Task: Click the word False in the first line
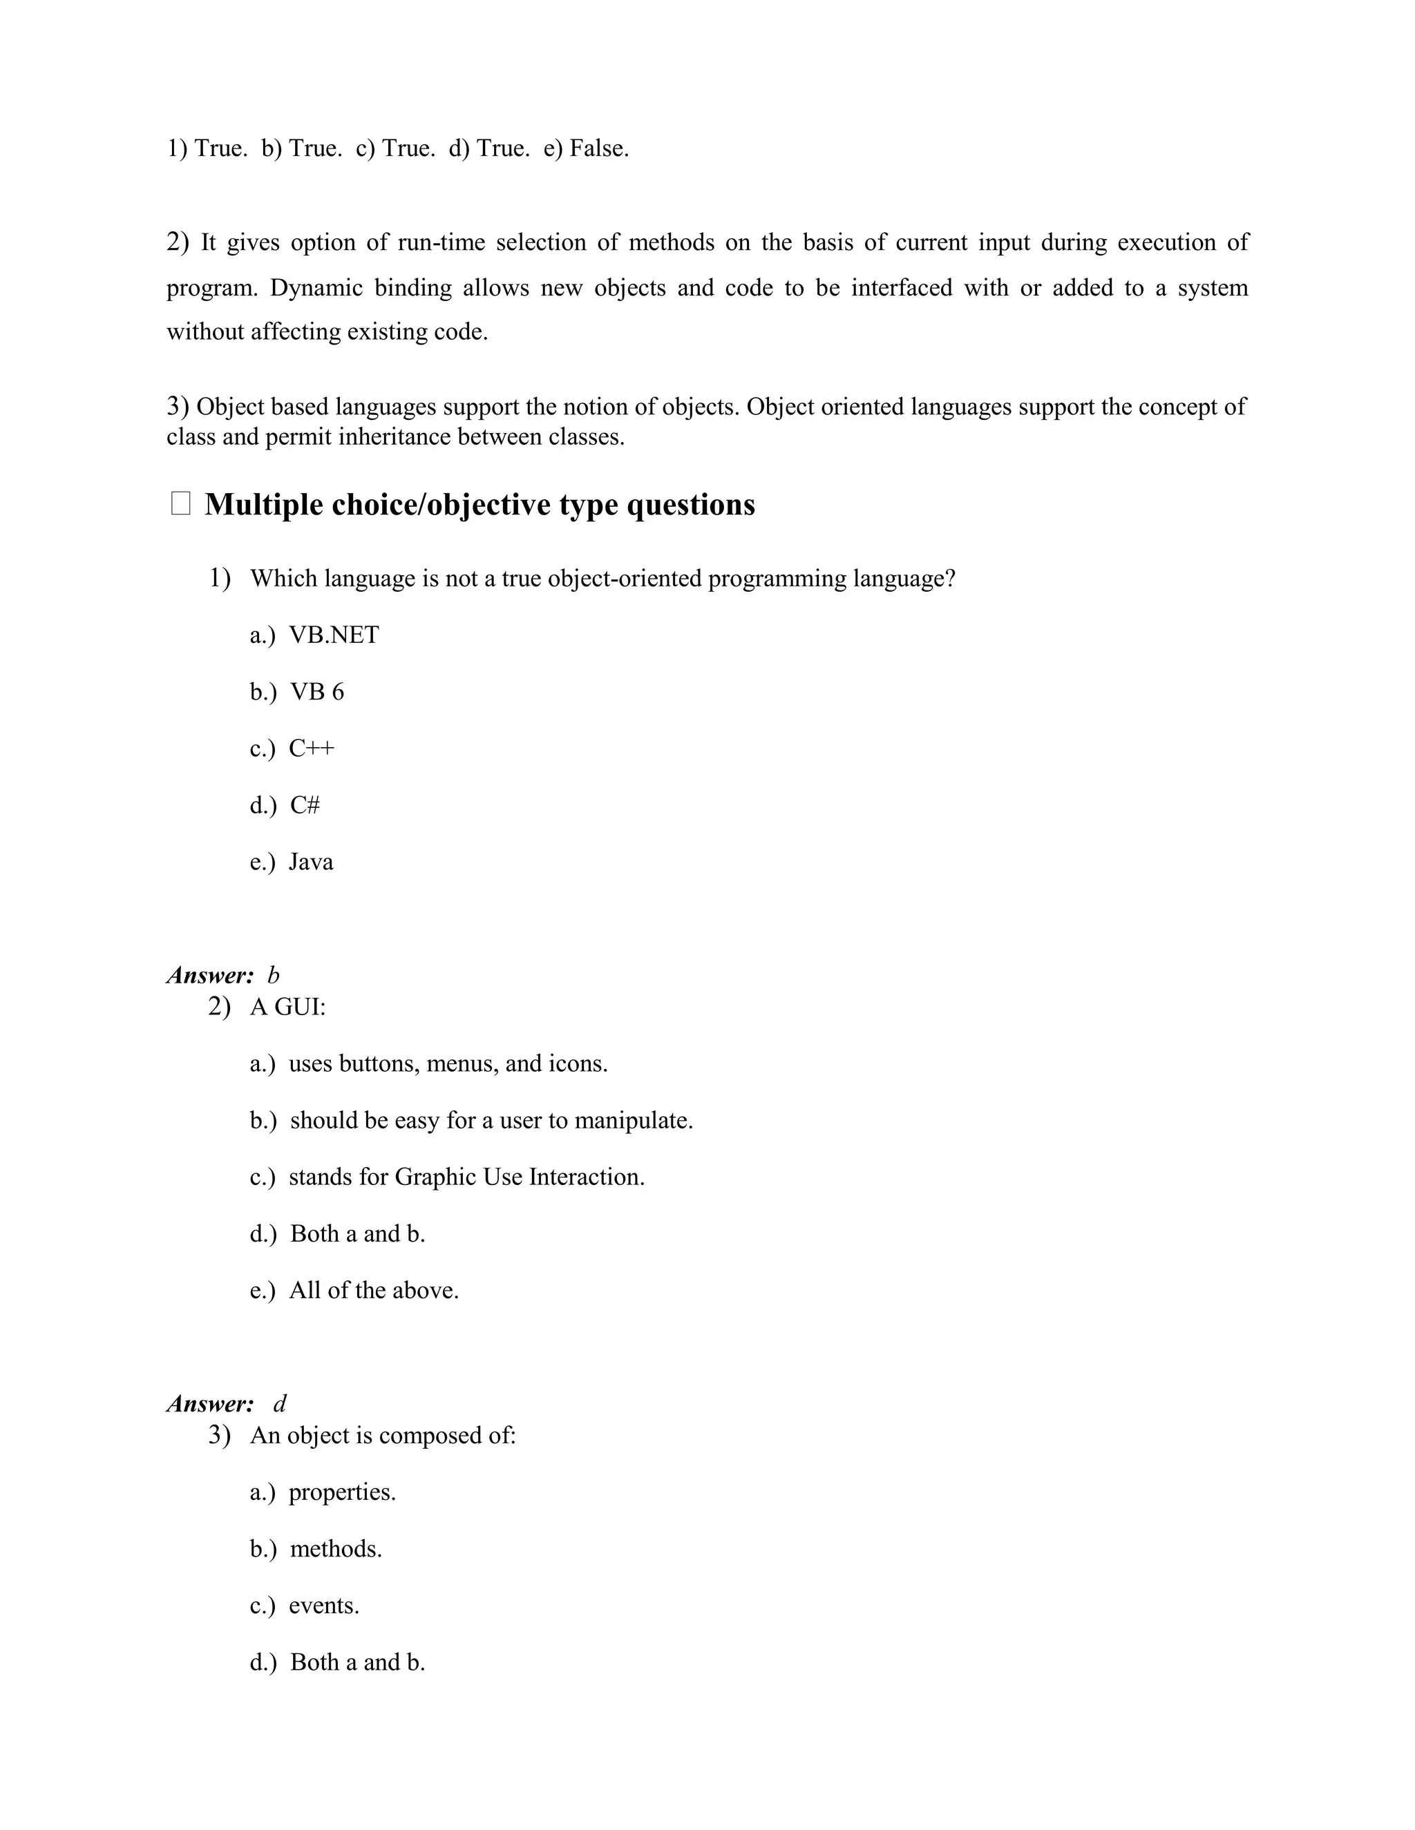pos(598,149)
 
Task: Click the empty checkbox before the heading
pos(180,504)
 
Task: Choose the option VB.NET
pos(334,635)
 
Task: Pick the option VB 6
pos(317,692)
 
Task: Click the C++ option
pos(312,749)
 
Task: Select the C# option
pos(305,805)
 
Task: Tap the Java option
pos(311,863)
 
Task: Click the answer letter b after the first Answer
pos(274,975)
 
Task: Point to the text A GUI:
pos(287,1006)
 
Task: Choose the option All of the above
pos(374,1291)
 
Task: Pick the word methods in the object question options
pos(335,1550)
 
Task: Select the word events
pos(323,1606)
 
